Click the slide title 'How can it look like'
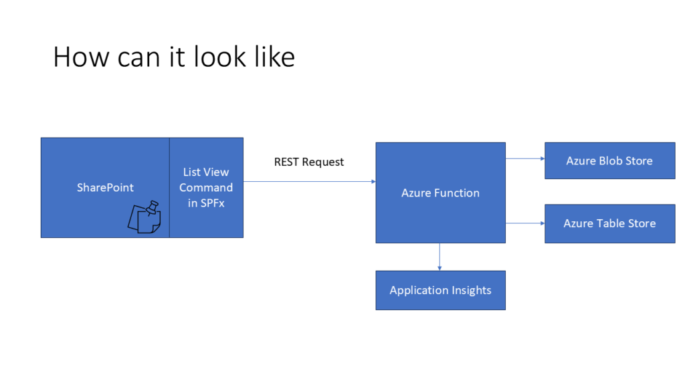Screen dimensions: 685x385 (174, 57)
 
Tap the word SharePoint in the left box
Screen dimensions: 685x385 (105, 188)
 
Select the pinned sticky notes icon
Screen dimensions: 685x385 (144, 217)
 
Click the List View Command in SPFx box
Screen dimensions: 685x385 (206, 188)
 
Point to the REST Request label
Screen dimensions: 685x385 (309, 162)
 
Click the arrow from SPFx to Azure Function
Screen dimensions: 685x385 (309, 182)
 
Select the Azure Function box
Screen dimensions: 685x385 (440, 192)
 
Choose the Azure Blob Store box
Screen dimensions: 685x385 (610, 160)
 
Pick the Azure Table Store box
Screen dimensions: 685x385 (610, 223)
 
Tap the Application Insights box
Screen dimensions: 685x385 (440, 290)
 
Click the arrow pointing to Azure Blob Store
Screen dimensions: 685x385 (525, 158)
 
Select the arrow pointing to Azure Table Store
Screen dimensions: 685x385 (525, 223)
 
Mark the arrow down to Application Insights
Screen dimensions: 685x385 (439, 257)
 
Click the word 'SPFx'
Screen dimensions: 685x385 (212, 203)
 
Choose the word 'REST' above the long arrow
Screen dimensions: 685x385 (286, 162)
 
